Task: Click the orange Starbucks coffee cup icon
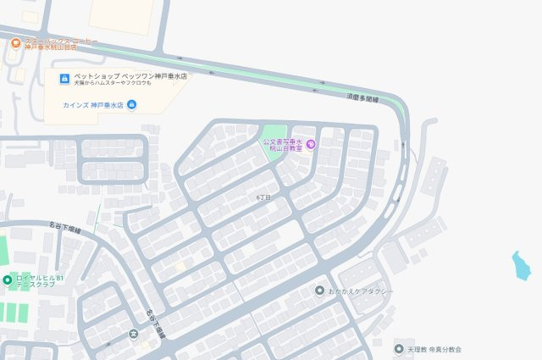pyautogui.click(x=15, y=43)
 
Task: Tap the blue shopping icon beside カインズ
pyautogui.click(x=131, y=105)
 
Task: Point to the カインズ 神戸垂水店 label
pyautogui.click(x=93, y=105)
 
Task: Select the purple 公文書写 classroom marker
pyautogui.click(x=310, y=144)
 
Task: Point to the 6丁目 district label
pyautogui.click(x=263, y=197)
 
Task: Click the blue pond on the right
pyautogui.click(x=520, y=265)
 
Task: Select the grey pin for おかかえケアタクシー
pyautogui.click(x=319, y=291)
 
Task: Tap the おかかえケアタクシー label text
pyautogui.click(x=362, y=291)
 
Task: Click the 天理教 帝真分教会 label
pyautogui.click(x=434, y=348)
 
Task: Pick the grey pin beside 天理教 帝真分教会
pyautogui.click(x=399, y=348)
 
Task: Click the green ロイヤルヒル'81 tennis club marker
pyautogui.click(x=8, y=280)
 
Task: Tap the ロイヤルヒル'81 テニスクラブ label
pyautogui.click(x=39, y=282)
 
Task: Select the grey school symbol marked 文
pyautogui.click(x=133, y=333)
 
